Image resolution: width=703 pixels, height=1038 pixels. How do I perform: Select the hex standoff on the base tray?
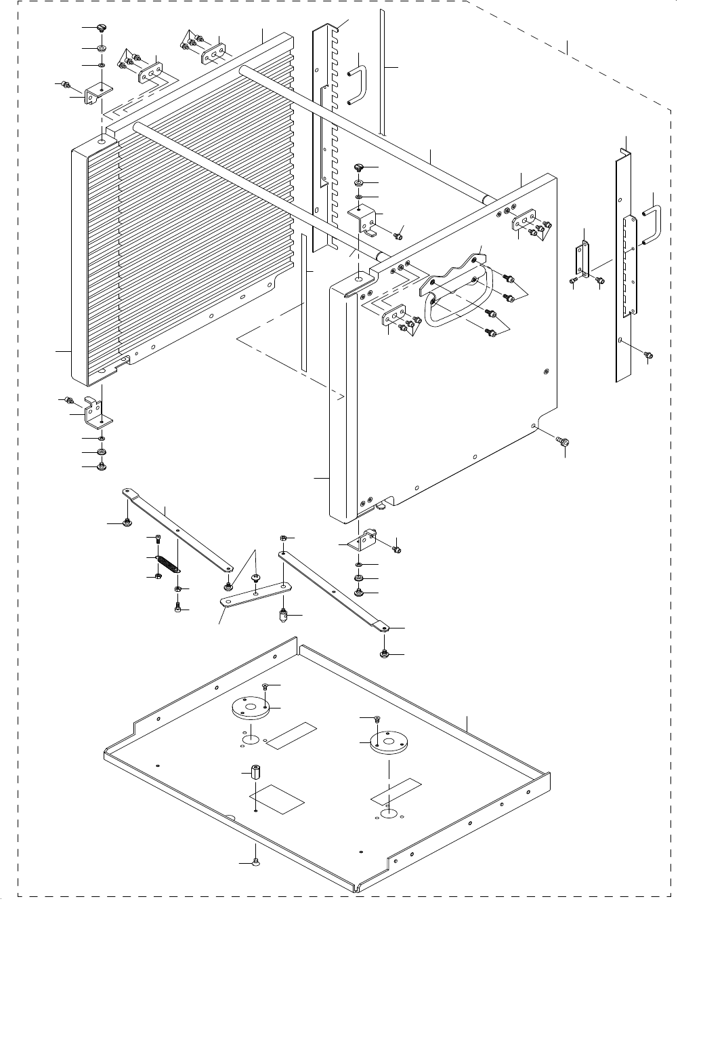(256, 772)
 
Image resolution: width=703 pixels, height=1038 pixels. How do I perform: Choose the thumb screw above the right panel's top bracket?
(359, 167)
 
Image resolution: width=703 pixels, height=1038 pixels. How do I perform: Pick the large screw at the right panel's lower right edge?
(561, 441)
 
